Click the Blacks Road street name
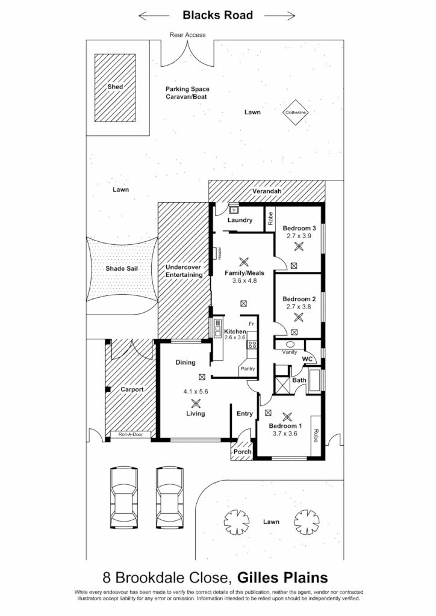(x=217, y=15)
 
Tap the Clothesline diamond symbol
(x=296, y=112)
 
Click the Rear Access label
(x=187, y=35)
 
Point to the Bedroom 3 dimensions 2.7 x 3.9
(x=299, y=236)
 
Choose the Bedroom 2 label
(x=299, y=299)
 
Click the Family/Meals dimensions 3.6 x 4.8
(x=244, y=280)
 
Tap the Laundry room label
(x=240, y=221)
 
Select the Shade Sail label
(x=123, y=270)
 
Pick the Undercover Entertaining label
(x=183, y=271)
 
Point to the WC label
(x=307, y=359)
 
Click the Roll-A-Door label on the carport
(x=131, y=434)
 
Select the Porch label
(x=242, y=452)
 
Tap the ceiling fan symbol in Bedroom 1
(x=287, y=416)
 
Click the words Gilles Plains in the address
(x=282, y=578)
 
